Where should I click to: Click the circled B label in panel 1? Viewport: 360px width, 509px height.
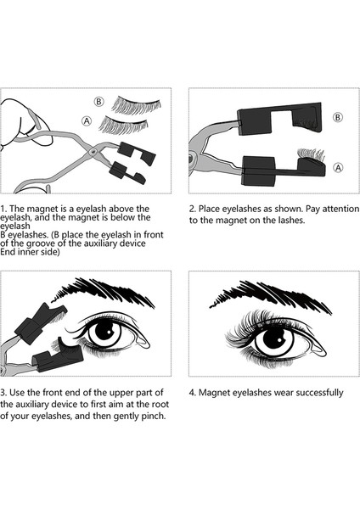pos(98,102)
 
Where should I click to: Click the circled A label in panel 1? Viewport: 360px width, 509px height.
pos(87,121)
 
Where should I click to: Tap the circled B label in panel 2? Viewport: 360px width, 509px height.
pos(338,117)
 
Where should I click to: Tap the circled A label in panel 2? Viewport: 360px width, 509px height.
pos(338,167)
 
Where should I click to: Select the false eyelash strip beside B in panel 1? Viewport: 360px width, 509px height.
pos(137,105)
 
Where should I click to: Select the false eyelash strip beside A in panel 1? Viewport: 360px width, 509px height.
pos(123,126)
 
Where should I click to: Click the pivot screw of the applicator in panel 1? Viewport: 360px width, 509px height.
pos(93,151)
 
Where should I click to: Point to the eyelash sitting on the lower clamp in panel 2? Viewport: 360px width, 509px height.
pos(312,155)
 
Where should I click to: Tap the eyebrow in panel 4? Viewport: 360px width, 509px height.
pos(270,294)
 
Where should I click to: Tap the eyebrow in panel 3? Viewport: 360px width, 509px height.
pos(104,292)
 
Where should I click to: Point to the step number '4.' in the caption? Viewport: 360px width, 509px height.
pos(193,393)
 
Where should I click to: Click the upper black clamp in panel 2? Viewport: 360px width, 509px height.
pos(279,119)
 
